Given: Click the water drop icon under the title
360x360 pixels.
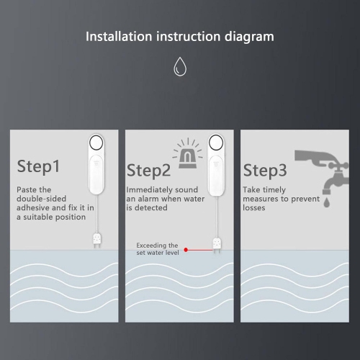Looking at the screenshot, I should [179, 68].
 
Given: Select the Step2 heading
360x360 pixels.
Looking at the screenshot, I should [149, 170].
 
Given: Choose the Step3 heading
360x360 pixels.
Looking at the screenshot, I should [264, 170].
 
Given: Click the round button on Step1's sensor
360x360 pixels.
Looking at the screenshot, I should [96, 142].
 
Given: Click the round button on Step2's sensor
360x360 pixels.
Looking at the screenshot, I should [214, 142].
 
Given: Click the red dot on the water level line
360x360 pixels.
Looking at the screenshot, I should [186, 250].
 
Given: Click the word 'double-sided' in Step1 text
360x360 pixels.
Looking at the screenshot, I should [42, 199].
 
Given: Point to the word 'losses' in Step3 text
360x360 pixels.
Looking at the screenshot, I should [254, 208].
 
